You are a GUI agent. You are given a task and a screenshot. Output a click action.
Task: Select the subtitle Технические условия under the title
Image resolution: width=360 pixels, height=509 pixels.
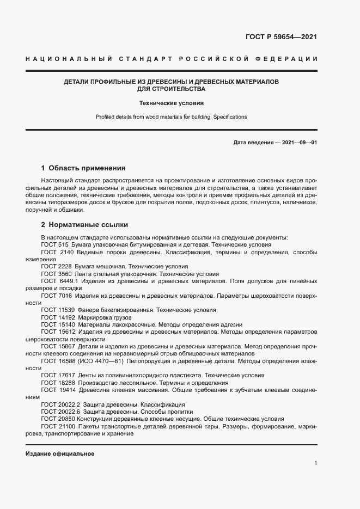[171, 102]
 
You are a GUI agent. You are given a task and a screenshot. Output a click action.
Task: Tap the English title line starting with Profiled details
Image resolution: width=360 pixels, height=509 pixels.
[171, 116]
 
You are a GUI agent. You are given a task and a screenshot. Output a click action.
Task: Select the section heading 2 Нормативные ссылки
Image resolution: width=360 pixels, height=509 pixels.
[84, 224]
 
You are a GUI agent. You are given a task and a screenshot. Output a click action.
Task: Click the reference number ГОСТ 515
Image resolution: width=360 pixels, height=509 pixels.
[54, 245]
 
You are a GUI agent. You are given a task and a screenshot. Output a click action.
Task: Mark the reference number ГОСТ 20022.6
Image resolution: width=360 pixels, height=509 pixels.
[60, 412]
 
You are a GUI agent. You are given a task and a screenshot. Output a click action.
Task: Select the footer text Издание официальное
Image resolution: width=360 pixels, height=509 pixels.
[60, 453]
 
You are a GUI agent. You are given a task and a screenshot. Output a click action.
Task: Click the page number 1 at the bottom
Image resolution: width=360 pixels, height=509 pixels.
[315, 463]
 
